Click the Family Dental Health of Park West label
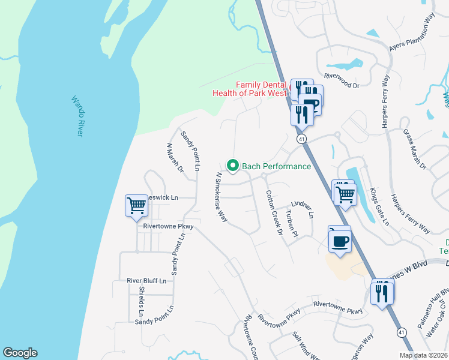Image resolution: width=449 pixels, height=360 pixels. [x=251, y=89]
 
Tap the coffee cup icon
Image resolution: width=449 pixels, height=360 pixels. [x=340, y=241]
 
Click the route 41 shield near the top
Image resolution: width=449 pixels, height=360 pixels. [x=301, y=139]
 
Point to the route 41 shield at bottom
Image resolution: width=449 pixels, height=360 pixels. [x=401, y=331]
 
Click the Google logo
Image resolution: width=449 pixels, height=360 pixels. [x=20, y=353]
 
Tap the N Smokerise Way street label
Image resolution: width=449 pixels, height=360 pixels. [x=221, y=198]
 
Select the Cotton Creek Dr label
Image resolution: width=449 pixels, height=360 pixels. [x=274, y=212]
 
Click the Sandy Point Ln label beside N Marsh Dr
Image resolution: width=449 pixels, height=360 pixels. [x=190, y=151]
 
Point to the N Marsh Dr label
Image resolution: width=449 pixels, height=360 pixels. [x=175, y=158]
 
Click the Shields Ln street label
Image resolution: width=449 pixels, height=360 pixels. [x=141, y=301]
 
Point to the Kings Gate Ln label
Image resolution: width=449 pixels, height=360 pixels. [x=379, y=206]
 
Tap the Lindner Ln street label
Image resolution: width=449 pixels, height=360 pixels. [x=303, y=210]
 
